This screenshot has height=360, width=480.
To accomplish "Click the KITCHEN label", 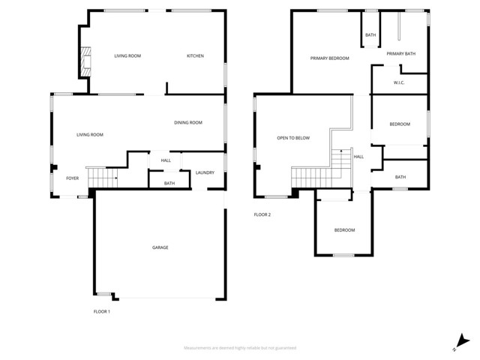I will coord(195,56).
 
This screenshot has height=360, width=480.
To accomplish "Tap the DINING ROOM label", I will coord(188,123).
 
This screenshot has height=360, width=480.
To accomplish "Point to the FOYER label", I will coord(72,178).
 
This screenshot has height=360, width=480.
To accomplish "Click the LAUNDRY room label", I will coord(205,173).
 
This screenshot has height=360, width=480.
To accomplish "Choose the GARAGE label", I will coord(160,247).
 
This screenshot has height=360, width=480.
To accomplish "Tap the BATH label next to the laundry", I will coord(169,184).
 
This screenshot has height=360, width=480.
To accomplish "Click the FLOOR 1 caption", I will coord(101,311).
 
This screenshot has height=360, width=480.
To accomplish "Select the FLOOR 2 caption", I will coord(262,214).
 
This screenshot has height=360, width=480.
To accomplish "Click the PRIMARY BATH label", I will coord(400,54).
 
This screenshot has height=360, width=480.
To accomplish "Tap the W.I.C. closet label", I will coord(399,83).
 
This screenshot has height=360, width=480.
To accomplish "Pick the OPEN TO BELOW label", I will coord(293,138).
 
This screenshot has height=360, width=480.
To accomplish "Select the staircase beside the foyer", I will coord(103,178).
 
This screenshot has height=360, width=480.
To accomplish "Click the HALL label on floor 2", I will coord(358,157).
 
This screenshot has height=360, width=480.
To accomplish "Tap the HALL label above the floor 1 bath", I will coord(166,160).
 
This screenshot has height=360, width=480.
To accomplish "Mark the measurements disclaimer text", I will coord(240,348).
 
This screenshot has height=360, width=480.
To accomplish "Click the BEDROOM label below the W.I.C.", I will coord(400,124).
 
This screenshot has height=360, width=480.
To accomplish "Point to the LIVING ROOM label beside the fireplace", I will coord(127,56).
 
